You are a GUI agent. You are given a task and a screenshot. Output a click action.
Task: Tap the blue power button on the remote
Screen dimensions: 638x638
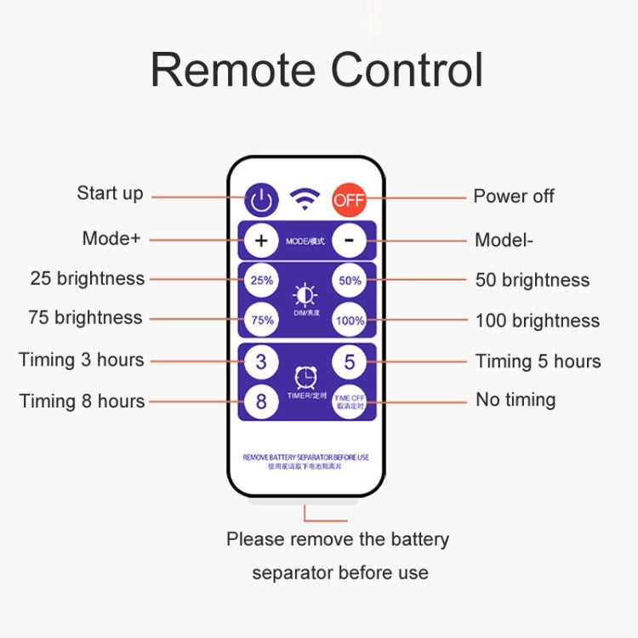pos(261,200)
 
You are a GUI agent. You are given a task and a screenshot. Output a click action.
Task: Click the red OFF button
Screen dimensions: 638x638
pos(348,200)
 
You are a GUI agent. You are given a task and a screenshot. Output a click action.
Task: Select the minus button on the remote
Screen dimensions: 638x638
pos(349,241)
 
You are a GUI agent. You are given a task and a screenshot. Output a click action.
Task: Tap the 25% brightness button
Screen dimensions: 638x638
pos(261,280)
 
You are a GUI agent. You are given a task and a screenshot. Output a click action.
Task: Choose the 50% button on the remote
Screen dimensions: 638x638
pos(349,280)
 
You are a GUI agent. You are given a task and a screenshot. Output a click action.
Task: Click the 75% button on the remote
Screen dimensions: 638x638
pos(261,320)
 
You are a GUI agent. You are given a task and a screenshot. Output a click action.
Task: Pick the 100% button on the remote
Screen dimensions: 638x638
pos(349,320)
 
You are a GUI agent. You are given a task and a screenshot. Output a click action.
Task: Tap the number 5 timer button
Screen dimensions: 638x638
pos(349,362)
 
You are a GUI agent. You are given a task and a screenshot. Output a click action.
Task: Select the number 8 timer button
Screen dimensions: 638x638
pos(261,401)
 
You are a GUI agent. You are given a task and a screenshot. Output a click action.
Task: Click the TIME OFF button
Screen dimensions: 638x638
pos(349,401)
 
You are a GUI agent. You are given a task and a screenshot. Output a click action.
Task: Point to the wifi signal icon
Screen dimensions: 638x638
pos(305,200)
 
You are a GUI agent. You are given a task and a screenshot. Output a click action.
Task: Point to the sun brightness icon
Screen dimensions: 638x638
pos(305,294)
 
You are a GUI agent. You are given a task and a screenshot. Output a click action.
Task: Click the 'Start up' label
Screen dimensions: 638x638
pos(110,193)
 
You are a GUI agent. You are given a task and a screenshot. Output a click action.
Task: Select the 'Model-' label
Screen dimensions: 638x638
pos(504,240)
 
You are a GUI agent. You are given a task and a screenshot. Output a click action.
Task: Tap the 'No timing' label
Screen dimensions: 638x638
pos(516,399)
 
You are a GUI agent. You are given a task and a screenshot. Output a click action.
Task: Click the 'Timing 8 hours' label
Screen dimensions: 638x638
pos(82,401)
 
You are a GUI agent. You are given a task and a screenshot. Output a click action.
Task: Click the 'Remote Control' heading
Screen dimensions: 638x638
pos(317,70)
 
